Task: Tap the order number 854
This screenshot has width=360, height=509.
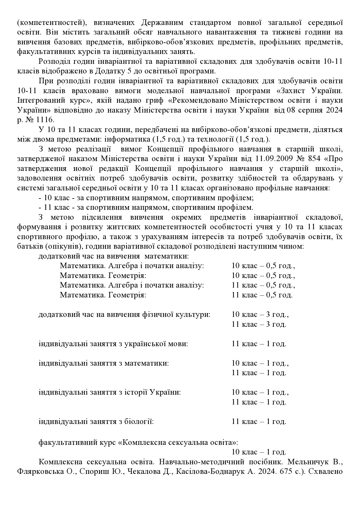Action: click(313, 159)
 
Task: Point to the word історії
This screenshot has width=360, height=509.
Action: click(136, 392)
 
